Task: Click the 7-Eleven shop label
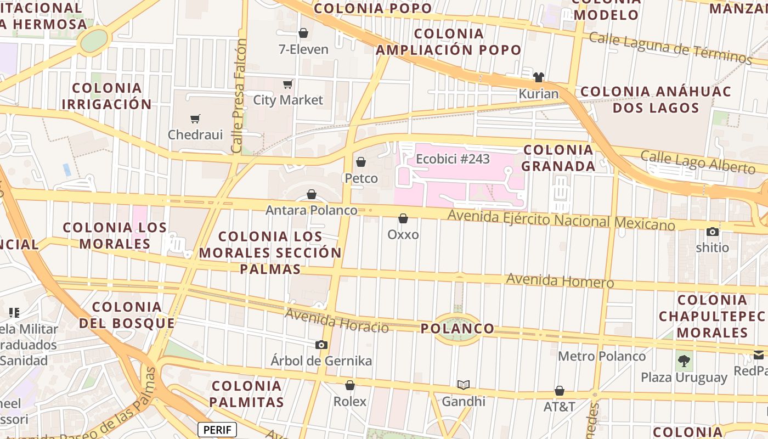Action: (303, 49)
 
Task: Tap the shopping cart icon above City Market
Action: (287, 84)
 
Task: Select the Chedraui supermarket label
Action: (195, 134)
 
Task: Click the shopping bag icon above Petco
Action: (361, 162)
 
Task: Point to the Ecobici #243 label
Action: (453, 159)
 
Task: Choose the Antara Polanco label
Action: (311, 210)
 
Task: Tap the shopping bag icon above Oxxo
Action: (403, 218)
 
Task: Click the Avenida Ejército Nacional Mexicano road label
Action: (561, 219)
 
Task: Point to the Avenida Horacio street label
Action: (337, 320)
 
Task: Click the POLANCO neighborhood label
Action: (457, 329)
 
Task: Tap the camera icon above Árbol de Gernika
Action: (321, 345)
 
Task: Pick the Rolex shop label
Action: (350, 402)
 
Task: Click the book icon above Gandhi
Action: (464, 385)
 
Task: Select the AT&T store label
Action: (559, 407)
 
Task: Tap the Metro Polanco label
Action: (602, 356)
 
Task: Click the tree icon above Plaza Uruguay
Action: (684, 361)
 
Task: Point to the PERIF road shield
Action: (217, 430)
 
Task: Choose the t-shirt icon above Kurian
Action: (538, 77)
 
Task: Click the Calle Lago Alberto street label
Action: (698, 162)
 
